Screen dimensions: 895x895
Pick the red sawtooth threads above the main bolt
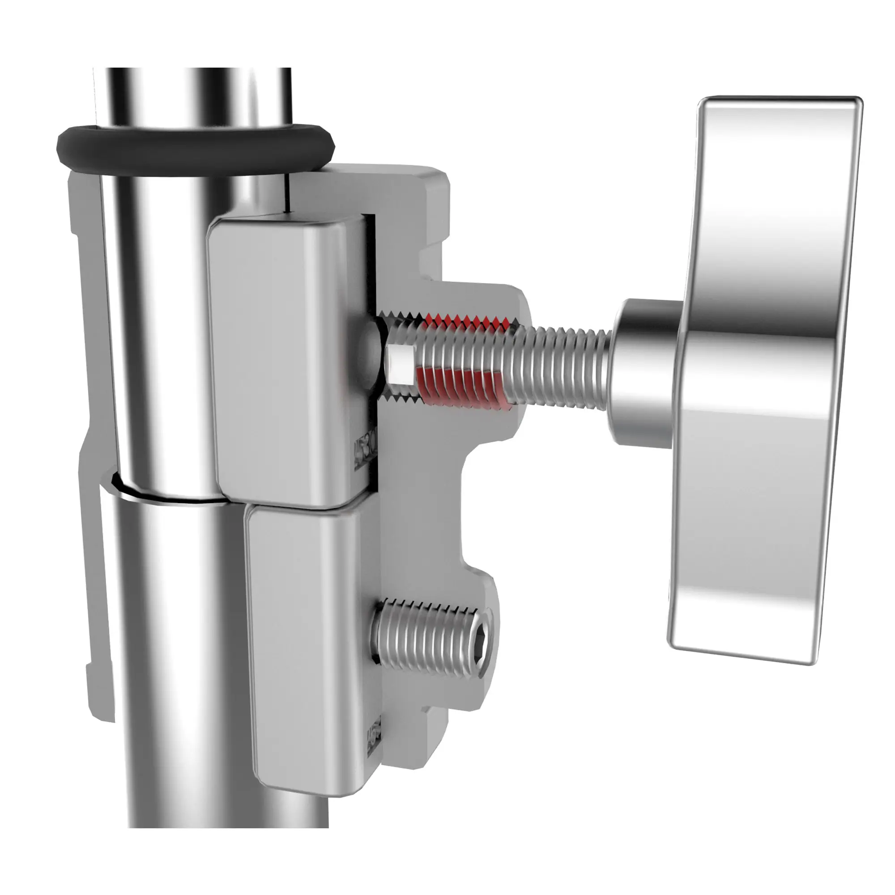pos(468,320)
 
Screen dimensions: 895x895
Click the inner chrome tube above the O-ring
pos(195,97)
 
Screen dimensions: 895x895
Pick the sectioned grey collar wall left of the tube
pos(93,579)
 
